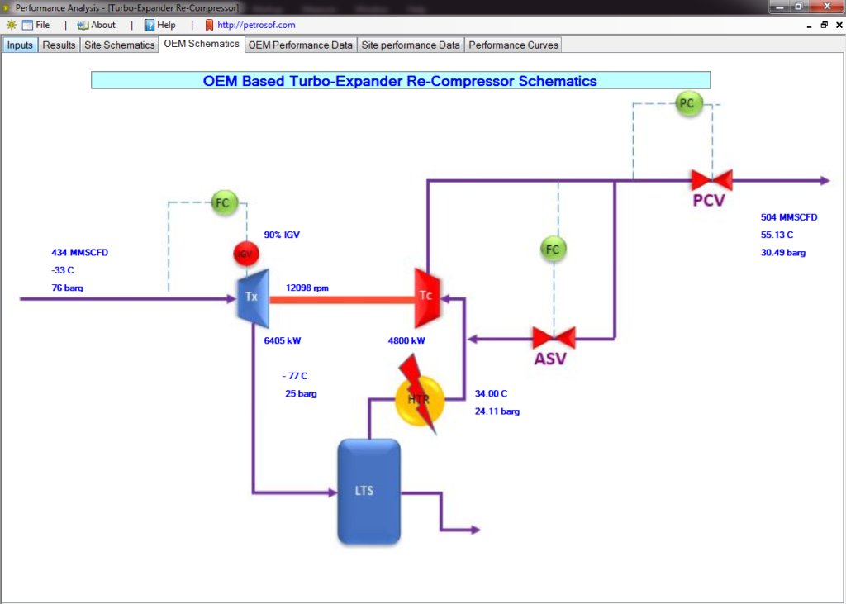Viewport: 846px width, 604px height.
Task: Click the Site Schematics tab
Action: coord(119,45)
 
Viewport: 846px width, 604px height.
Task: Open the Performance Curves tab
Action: coord(513,45)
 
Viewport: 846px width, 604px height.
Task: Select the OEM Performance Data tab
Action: coord(301,45)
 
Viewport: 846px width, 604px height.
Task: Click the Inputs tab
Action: coord(20,45)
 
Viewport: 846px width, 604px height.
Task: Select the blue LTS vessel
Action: coord(368,491)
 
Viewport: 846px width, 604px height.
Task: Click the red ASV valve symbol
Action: coord(554,337)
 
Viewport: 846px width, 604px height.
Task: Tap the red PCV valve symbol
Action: coord(711,179)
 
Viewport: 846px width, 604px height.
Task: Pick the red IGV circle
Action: coord(245,254)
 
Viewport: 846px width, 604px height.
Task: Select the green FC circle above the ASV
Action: coord(554,248)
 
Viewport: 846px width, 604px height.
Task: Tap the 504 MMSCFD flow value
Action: coord(789,217)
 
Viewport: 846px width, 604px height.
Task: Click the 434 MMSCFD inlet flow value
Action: coord(80,252)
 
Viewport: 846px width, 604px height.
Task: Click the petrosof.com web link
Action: coord(256,25)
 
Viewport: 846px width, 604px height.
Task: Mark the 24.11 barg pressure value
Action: coord(497,411)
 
